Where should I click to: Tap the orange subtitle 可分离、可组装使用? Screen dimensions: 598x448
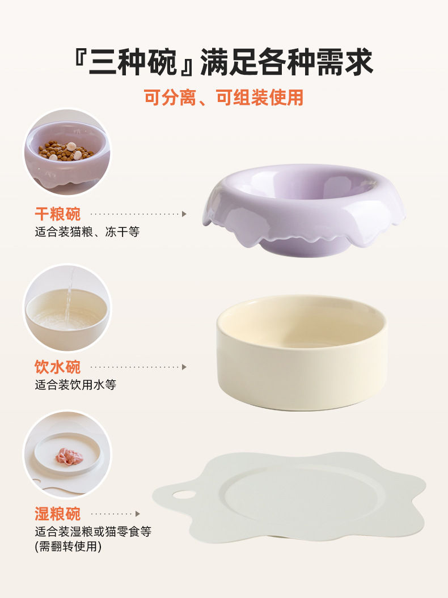coord(224,97)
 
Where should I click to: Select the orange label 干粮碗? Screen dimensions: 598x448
coord(58,214)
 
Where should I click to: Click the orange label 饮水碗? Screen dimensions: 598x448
coord(58,367)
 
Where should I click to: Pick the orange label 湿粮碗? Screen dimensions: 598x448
coord(58,514)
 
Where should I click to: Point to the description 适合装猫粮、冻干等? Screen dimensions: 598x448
coord(87,232)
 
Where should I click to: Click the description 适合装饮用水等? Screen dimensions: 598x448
coord(75,385)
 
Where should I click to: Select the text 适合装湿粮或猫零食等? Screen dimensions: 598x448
coord(93,532)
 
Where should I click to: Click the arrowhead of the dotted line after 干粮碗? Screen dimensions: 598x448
coord(184,214)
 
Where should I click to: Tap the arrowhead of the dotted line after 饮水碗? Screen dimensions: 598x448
coord(184,367)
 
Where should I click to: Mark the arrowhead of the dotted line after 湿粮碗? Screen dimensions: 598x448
coord(137,514)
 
